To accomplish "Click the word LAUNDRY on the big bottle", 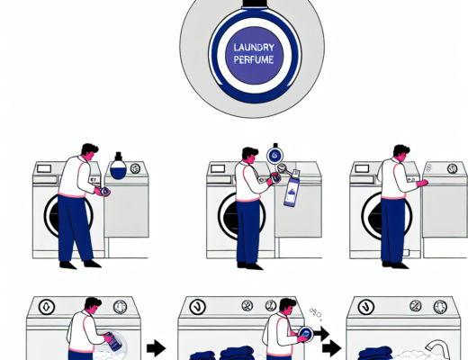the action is point(254,48).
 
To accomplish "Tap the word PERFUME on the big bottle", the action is point(254,59).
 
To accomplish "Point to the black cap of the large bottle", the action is point(255,3).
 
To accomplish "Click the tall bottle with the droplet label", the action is point(292,188).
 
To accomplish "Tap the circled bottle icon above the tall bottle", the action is point(275,155).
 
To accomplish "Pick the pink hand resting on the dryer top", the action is point(422,183).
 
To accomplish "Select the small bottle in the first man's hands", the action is point(104,192).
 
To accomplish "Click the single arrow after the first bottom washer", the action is point(156,348).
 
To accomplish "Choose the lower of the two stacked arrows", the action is point(332,348).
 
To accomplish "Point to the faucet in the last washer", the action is point(438,349).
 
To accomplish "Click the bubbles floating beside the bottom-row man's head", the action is point(316,314).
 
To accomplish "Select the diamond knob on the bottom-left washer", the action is point(47,307).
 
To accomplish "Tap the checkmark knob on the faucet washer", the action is point(366,307).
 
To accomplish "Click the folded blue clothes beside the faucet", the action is point(375,353).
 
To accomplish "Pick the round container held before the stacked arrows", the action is point(305,334).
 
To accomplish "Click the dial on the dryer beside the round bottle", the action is point(135,168).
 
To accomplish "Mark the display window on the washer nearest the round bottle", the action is point(44,168).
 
